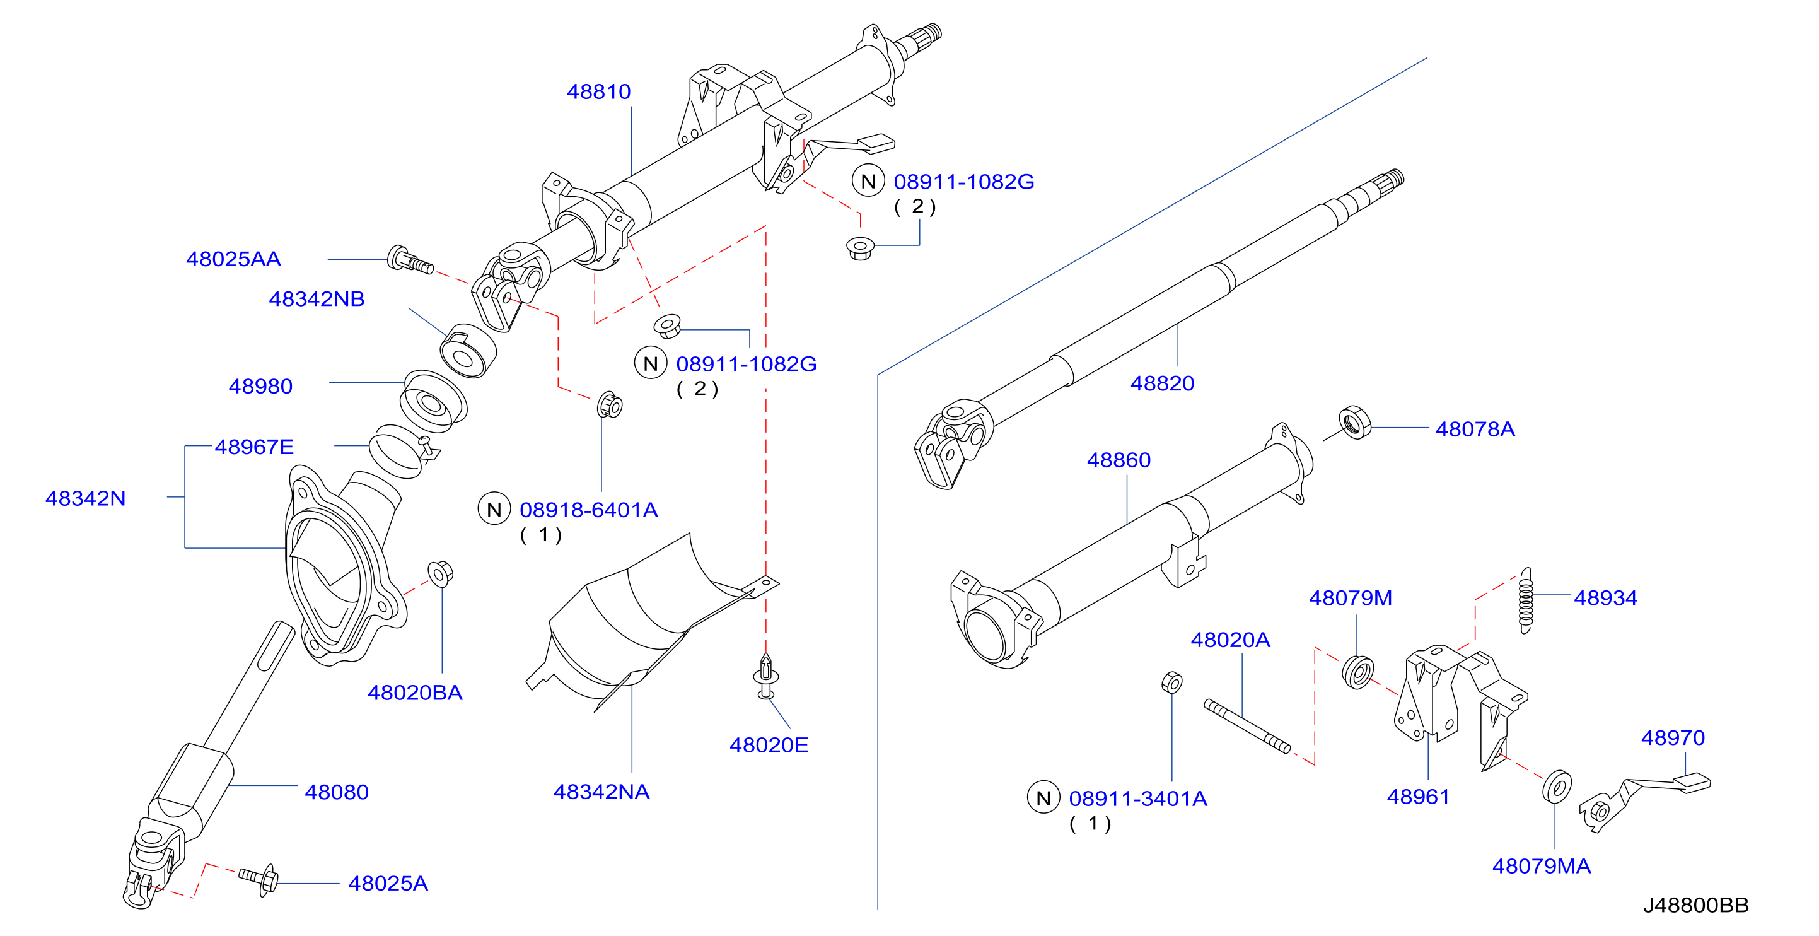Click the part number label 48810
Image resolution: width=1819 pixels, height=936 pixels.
pyautogui.click(x=598, y=92)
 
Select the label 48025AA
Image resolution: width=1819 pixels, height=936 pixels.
pyautogui.click(x=233, y=259)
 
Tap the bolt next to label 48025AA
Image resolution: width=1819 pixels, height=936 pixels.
pyautogui.click(x=410, y=260)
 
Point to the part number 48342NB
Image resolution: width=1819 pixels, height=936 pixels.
pyautogui.click(x=317, y=299)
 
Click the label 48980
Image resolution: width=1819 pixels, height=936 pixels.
pyautogui.click(x=260, y=387)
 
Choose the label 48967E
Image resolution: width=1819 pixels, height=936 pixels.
pyautogui.click(x=253, y=447)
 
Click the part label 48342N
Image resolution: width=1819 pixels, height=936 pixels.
pyautogui.click(x=86, y=499)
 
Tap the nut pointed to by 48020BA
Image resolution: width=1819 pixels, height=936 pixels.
pyautogui.click(x=440, y=573)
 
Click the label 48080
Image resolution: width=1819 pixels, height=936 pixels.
pyautogui.click(x=336, y=793)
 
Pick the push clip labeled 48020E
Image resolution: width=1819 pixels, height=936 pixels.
pyautogui.click(x=765, y=676)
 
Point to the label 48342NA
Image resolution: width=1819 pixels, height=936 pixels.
pyautogui.click(x=601, y=792)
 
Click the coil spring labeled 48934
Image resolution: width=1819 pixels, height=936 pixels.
pyautogui.click(x=1526, y=600)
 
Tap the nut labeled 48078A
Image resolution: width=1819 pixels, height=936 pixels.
pyautogui.click(x=1355, y=423)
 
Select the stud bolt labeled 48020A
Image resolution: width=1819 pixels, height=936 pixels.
pyautogui.click(x=1247, y=727)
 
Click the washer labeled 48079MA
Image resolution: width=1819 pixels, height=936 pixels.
pyautogui.click(x=1557, y=787)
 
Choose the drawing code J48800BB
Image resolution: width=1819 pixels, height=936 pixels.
pyautogui.click(x=1695, y=906)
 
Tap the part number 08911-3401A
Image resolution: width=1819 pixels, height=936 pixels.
pyautogui.click(x=1137, y=799)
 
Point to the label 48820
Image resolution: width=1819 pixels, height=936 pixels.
pyautogui.click(x=1162, y=383)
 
